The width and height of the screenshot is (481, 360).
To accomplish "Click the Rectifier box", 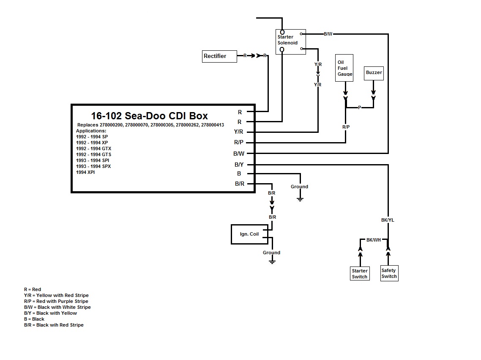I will [x=219, y=56].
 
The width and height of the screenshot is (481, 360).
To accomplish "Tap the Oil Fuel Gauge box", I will [x=344, y=68].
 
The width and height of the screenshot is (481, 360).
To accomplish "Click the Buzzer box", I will [x=374, y=73].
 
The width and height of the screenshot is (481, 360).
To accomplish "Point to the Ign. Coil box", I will [x=249, y=234].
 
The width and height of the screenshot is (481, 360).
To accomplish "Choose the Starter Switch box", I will [x=360, y=274].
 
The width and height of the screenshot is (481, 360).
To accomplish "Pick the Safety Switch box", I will [x=389, y=273].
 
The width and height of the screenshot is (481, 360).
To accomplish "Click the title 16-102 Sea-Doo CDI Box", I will [x=149, y=116].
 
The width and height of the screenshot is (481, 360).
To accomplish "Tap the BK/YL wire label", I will [x=387, y=220].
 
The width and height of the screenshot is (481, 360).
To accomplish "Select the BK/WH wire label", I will [x=373, y=240].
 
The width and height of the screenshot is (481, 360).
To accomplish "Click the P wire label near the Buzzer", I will [x=360, y=108].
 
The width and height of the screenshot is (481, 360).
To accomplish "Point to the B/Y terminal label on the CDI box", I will [x=239, y=165].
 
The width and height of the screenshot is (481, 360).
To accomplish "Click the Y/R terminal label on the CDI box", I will [x=239, y=132].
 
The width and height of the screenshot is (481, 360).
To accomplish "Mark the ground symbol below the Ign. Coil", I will [x=272, y=262].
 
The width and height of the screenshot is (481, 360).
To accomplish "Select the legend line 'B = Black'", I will [x=34, y=319].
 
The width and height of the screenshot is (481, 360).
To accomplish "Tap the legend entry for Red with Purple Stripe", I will [x=56, y=301].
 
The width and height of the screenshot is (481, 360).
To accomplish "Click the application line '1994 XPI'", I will [x=85, y=172].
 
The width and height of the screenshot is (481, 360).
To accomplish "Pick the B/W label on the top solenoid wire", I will [x=328, y=34].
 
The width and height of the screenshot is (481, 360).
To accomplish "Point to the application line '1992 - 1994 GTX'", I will [x=94, y=148].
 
